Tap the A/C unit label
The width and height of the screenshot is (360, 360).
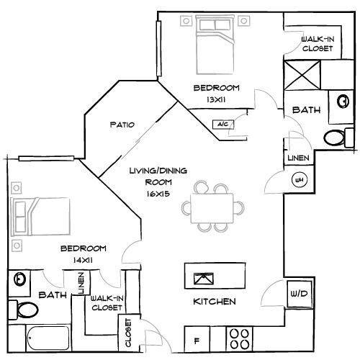(x=220, y=125)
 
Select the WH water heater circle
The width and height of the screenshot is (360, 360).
(x=297, y=180)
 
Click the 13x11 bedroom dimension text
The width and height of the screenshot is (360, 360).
(x=215, y=99)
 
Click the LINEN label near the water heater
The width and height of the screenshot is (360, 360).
(x=295, y=158)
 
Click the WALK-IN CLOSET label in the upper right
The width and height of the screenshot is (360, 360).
(x=316, y=43)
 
